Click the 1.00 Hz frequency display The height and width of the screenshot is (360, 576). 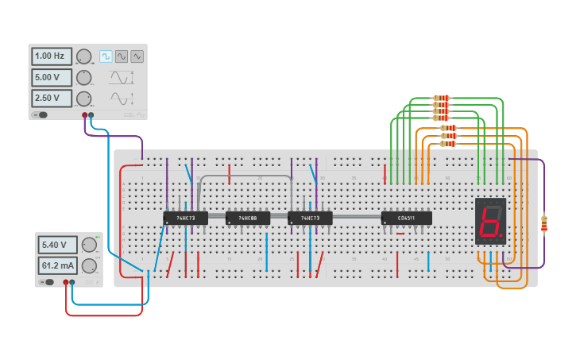(52, 56)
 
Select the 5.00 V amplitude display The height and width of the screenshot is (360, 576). (52, 78)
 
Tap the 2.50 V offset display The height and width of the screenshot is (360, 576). (52, 99)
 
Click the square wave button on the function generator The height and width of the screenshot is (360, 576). (106, 56)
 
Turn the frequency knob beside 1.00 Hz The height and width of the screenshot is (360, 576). (83, 56)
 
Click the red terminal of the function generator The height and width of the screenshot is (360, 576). (84, 115)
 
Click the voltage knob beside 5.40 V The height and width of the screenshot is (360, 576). (87, 245)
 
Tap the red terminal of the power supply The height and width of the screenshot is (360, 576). (65, 281)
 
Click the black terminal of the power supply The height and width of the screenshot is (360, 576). (72, 281)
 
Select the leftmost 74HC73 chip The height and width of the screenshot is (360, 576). (185, 218)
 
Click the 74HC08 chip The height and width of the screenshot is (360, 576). (247, 218)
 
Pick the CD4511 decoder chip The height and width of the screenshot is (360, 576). (406, 218)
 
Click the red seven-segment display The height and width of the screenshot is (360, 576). (490, 220)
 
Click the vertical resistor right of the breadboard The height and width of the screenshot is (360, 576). (544, 225)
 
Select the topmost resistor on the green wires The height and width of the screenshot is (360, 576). (441, 98)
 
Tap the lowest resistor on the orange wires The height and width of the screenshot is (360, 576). (449, 145)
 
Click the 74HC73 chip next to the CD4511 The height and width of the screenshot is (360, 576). (309, 218)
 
